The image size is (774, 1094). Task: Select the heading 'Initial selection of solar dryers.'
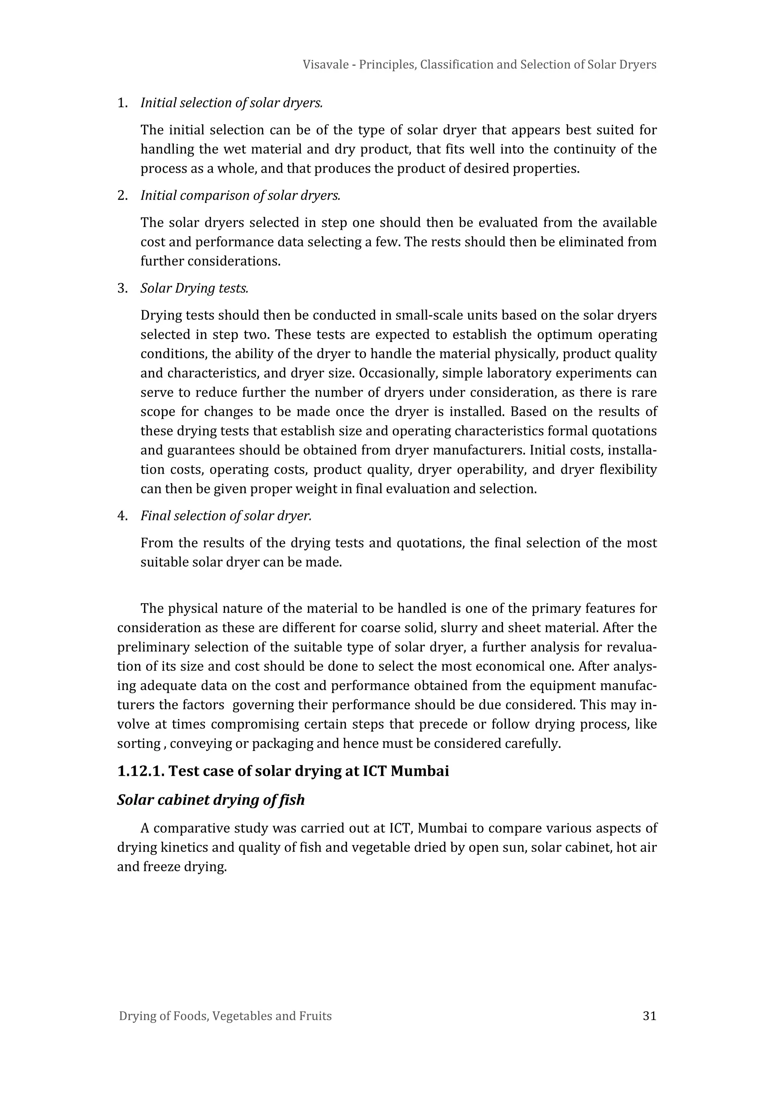click(232, 102)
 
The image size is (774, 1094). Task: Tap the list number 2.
click(122, 195)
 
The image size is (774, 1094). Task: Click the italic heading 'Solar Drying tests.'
click(195, 288)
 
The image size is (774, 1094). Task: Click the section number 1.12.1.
click(141, 771)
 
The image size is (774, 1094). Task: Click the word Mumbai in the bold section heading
click(420, 771)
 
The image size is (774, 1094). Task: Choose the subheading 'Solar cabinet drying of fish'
click(211, 800)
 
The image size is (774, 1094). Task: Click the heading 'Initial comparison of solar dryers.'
click(240, 195)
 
